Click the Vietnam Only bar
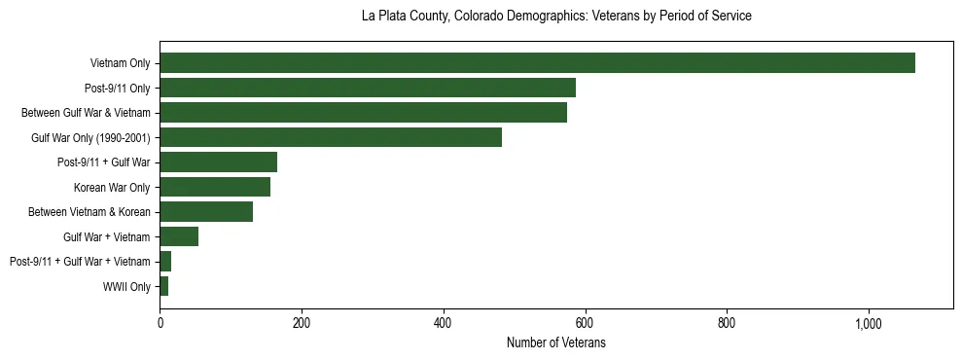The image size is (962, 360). [537, 63]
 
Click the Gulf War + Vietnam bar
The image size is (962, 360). [179, 236]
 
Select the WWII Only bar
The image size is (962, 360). [164, 286]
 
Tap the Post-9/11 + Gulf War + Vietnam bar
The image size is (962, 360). [165, 262]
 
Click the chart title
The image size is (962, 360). [556, 17]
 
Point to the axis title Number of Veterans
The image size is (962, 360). [556, 343]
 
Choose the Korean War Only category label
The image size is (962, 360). [112, 188]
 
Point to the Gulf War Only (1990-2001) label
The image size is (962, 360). [90, 138]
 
